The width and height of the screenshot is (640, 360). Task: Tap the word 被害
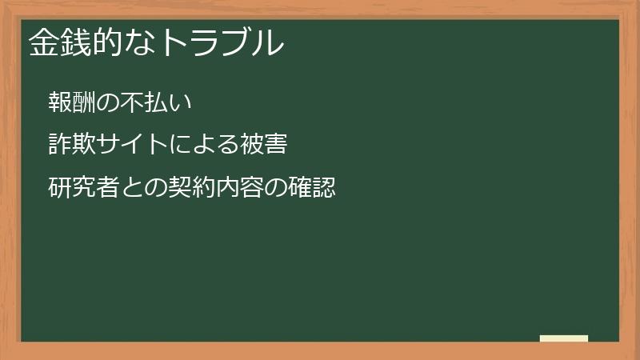(264, 145)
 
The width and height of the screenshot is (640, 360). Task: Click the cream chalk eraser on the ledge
(564, 338)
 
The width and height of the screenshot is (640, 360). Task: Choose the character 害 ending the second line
(276, 145)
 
